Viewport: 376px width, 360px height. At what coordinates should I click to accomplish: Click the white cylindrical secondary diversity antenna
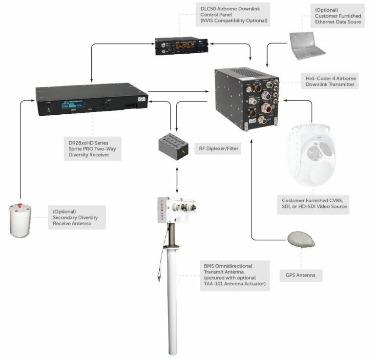[x=20, y=219]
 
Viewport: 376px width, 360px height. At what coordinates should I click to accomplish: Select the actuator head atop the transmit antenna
[x=175, y=210]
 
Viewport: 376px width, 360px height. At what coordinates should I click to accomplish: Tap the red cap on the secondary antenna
[x=20, y=204]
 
